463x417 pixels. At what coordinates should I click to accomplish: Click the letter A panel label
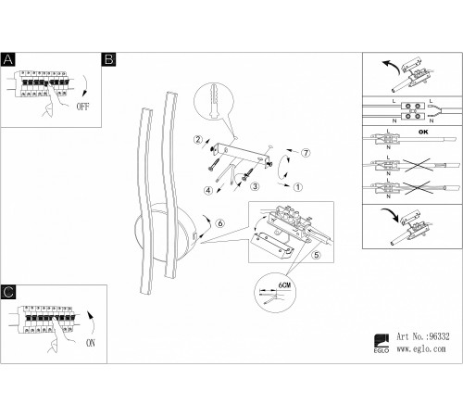(x=8, y=59)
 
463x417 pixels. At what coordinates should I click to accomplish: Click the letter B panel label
(x=108, y=59)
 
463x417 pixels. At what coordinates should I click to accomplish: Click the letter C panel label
(x=8, y=292)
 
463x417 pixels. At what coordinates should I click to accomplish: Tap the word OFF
(x=82, y=107)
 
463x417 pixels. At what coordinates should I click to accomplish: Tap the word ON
(x=91, y=343)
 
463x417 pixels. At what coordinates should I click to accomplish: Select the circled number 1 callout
(x=298, y=187)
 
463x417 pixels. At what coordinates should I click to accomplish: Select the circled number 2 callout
(x=198, y=140)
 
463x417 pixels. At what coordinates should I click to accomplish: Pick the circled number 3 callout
(x=255, y=186)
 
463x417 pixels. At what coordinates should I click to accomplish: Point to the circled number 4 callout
(x=208, y=191)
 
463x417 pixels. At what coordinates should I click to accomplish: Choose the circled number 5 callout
(x=317, y=255)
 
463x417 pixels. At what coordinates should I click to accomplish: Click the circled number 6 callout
(x=220, y=223)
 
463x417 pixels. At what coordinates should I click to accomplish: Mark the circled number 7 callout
(x=306, y=153)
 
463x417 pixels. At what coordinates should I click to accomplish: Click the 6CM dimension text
(x=284, y=284)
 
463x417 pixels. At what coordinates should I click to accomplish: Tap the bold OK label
(x=423, y=132)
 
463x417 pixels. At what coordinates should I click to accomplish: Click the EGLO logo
(x=382, y=344)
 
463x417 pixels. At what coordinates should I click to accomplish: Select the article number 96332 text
(x=423, y=336)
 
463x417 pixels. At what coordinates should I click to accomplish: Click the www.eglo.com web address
(x=421, y=349)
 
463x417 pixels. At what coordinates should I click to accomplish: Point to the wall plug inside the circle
(x=213, y=101)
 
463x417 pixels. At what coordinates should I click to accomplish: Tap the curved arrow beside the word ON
(x=92, y=323)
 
